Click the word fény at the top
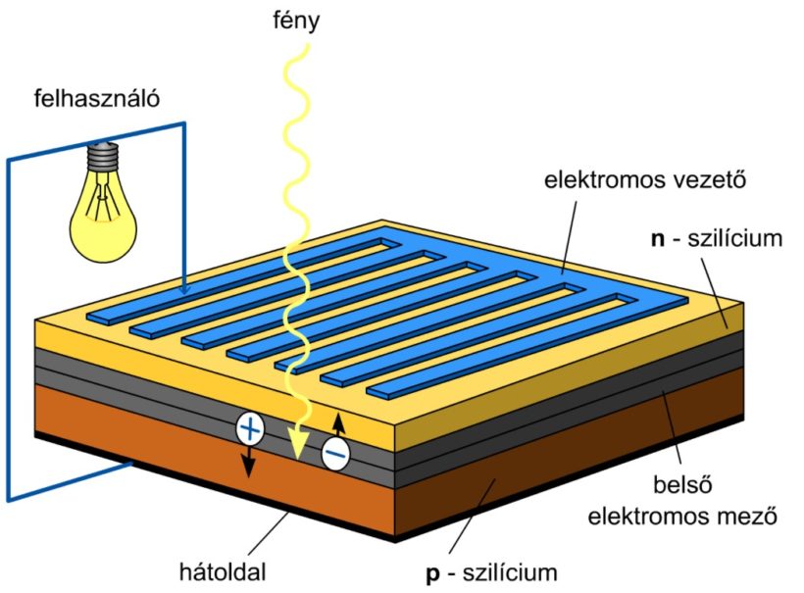tap(296, 20)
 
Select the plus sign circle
tap(250, 428)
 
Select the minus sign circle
tap(335, 454)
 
